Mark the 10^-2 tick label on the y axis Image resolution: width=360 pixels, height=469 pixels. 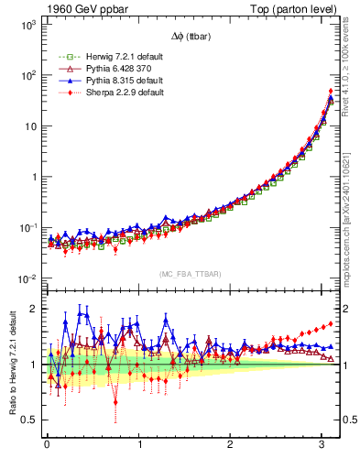(x=27, y=278)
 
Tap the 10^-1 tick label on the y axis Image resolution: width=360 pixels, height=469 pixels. (x=27, y=227)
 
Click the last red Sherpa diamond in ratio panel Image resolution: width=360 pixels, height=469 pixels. (x=331, y=322)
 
